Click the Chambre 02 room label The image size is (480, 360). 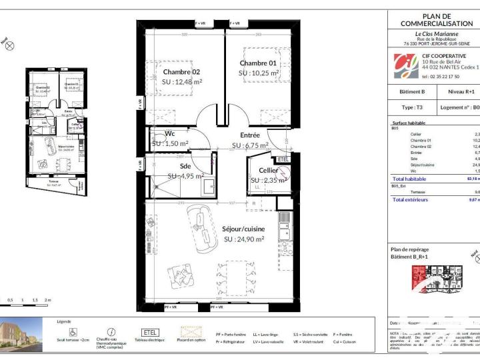181,71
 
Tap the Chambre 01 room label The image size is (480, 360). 258,63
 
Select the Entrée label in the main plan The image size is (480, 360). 250,135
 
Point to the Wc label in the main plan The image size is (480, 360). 169,133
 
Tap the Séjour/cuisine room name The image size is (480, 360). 244,229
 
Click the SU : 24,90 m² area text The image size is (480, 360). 244,239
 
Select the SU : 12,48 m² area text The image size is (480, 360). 181,82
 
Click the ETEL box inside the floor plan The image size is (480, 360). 283,159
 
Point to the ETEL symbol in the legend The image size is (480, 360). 149,332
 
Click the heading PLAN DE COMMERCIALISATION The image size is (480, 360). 437,19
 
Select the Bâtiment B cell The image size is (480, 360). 412,91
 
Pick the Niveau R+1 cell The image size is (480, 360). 461,91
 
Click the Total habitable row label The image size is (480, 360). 409,179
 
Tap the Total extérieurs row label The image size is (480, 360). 410,199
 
